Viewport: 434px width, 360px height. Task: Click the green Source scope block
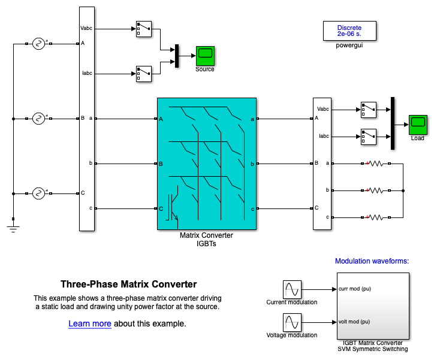click(205, 56)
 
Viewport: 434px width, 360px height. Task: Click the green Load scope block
click(418, 124)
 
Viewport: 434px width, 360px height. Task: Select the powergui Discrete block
click(349, 31)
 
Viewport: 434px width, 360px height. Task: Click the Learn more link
click(90, 324)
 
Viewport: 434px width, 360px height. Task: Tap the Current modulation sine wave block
click(292, 289)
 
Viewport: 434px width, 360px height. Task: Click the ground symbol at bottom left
click(13, 226)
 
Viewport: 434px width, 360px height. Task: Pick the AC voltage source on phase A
click(39, 44)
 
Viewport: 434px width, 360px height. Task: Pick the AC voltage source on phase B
click(39, 119)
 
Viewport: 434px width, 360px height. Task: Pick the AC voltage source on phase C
click(39, 193)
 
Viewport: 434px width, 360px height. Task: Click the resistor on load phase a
click(375, 163)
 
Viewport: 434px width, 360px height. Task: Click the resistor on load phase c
click(375, 217)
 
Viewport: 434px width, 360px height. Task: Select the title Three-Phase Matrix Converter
click(128, 285)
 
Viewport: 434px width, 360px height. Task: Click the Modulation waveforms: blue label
click(372, 261)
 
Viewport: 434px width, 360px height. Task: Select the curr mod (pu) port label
click(355, 288)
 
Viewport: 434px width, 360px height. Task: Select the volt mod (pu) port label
click(354, 321)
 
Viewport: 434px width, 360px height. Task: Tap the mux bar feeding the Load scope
click(393, 123)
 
